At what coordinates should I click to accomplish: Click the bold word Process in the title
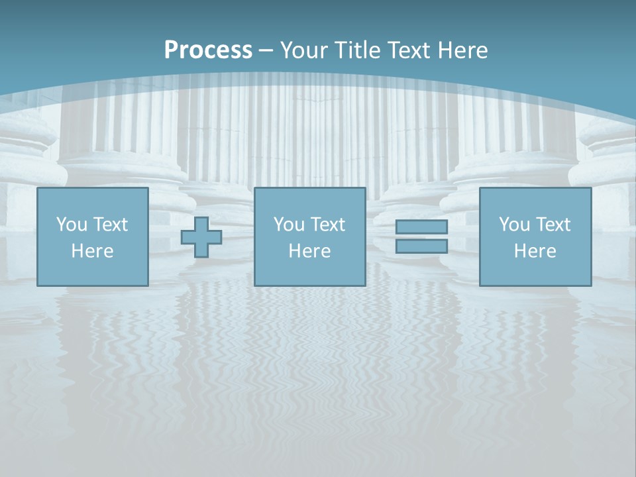pyautogui.click(x=208, y=50)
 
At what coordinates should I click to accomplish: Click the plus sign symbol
pyautogui.click(x=201, y=237)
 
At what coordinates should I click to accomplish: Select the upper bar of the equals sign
pyautogui.click(x=421, y=227)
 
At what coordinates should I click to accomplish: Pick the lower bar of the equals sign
pyautogui.click(x=421, y=246)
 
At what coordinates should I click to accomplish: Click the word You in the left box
pyautogui.click(x=72, y=225)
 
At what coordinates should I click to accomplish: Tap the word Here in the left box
pyautogui.click(x=92, y=251)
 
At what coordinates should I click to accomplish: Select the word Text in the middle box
pyautogui.click(x=328, y=225)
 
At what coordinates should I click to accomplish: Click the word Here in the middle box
pyautogui.click(x=309, y=251)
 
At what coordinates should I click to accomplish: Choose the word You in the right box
pyautogui.click(x=514, y=225)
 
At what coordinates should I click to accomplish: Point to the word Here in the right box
pyautogui.click(x=535, y=251)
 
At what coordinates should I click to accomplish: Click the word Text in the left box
pyautogui.click(x=111, y=225)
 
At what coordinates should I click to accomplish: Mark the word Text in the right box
pyautogui.click(x=553, y=225)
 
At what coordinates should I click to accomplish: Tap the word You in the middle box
pyautogui.click(x=289, y=225)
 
